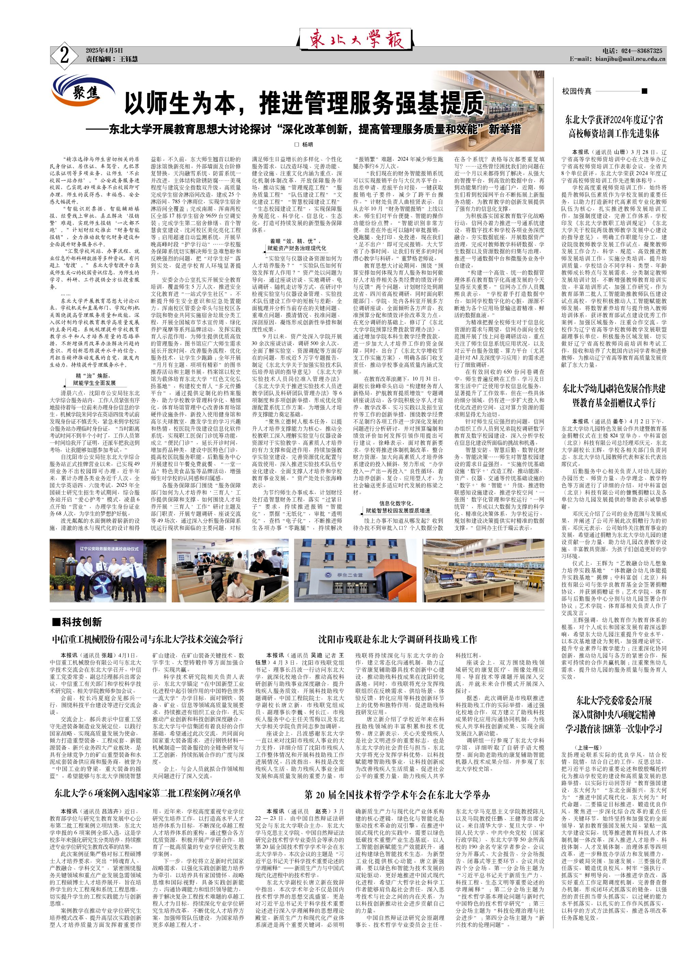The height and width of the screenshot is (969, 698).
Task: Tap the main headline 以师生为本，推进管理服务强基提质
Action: [304, 103]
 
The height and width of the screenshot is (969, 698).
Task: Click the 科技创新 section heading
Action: [77, 622]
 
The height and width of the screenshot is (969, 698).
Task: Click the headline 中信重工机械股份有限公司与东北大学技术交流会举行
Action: [147, 640]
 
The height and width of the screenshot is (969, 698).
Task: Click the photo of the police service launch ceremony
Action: [108, 570]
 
